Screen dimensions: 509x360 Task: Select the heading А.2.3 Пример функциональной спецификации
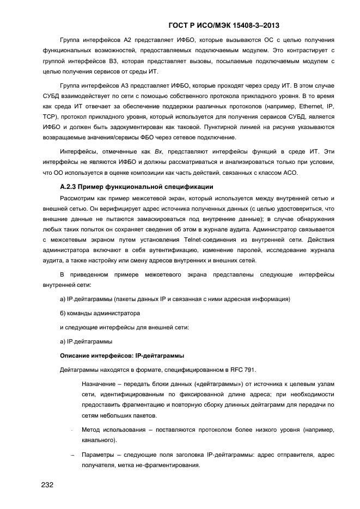[x=129, y=187]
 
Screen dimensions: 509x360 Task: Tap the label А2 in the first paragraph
[x=130, y=40]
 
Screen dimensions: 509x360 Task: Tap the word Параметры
[x=99, y=455]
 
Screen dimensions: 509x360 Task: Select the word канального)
[x=99, y=440]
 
